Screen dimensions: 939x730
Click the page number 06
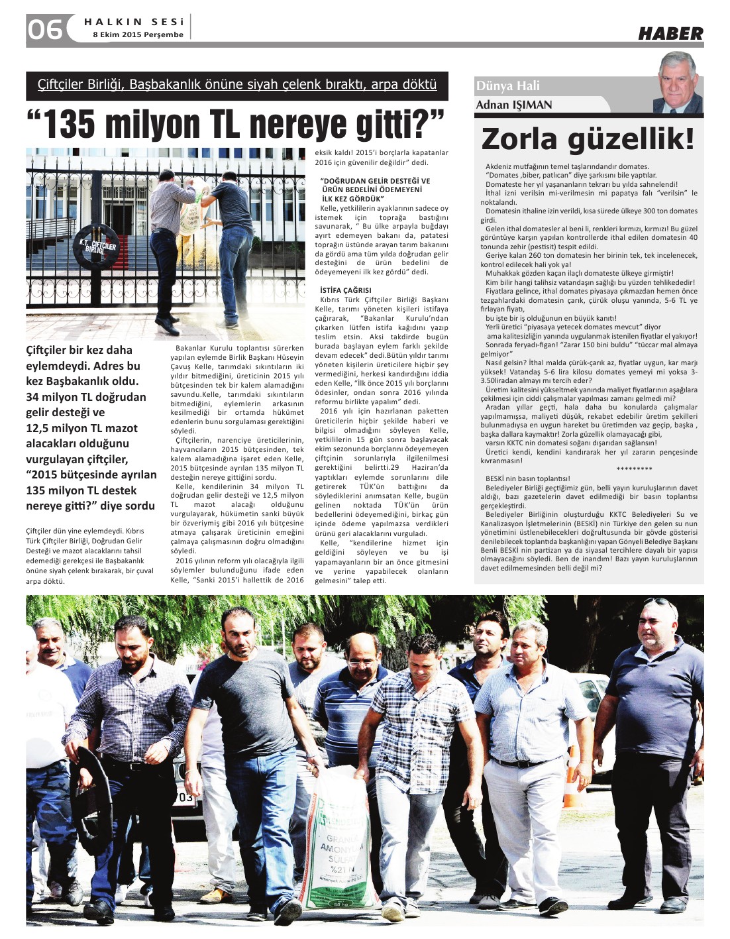tap(44, 29)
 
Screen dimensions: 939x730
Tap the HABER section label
tap(670, 33)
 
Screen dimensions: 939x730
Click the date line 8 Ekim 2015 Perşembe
tap(138, 34)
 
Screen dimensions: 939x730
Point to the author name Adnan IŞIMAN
tap(513, 105)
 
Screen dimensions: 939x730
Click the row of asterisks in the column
tap(634, 469)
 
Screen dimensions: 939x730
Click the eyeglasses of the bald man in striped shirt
tap(361, 661)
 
